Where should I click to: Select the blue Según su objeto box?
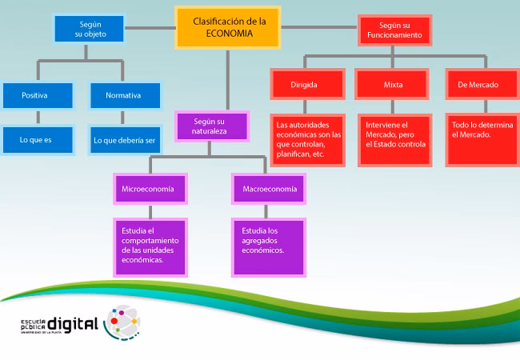[x=90, y=30]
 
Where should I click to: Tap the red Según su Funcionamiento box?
[x=394, y=30]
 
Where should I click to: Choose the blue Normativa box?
[x=123, y=95]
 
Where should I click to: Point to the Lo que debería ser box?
[x=124, y=140]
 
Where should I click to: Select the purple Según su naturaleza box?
[x=210, y=125]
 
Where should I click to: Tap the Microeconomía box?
[x=149, y=189]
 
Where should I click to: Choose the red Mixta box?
[x=394, y=84]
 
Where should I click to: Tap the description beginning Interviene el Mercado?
[x=394, y=139]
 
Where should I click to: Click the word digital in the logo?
[x=73, y=323]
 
